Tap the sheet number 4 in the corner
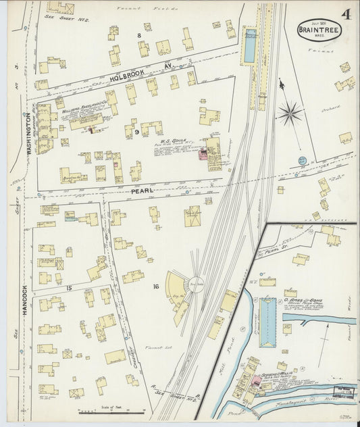pyautogui.click(x=346, y=14)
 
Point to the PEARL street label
pyautogui.click(x=143, y=191)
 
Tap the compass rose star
pyautogui.click(x=292, y=111)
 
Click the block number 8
pyautogui.click(x=140, y=34)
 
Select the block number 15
pyautogui.click(x=69, y=288)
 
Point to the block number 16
pyautogui.click(x=156, y=287)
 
